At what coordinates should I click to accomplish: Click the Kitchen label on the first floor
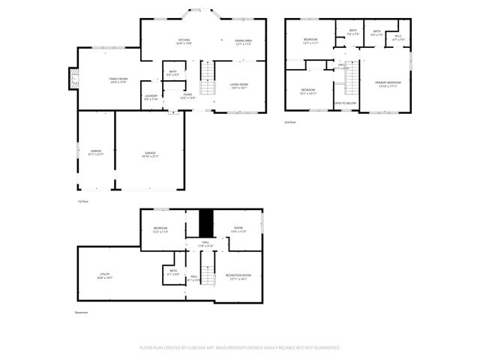coord(184,42)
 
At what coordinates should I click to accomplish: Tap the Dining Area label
coord(242,42)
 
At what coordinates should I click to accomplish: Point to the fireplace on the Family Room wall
coord(73,77)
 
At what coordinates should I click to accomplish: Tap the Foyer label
coord(187,96)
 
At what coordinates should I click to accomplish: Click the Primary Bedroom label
coord(388,84)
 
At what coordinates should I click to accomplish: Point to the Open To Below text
coord(345,103)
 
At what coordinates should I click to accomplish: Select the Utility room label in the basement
coord(105,276)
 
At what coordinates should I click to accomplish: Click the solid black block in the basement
coord(206,223)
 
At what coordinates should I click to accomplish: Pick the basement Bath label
coord(173,272)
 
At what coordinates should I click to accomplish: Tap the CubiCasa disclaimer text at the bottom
coord(240,347)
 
